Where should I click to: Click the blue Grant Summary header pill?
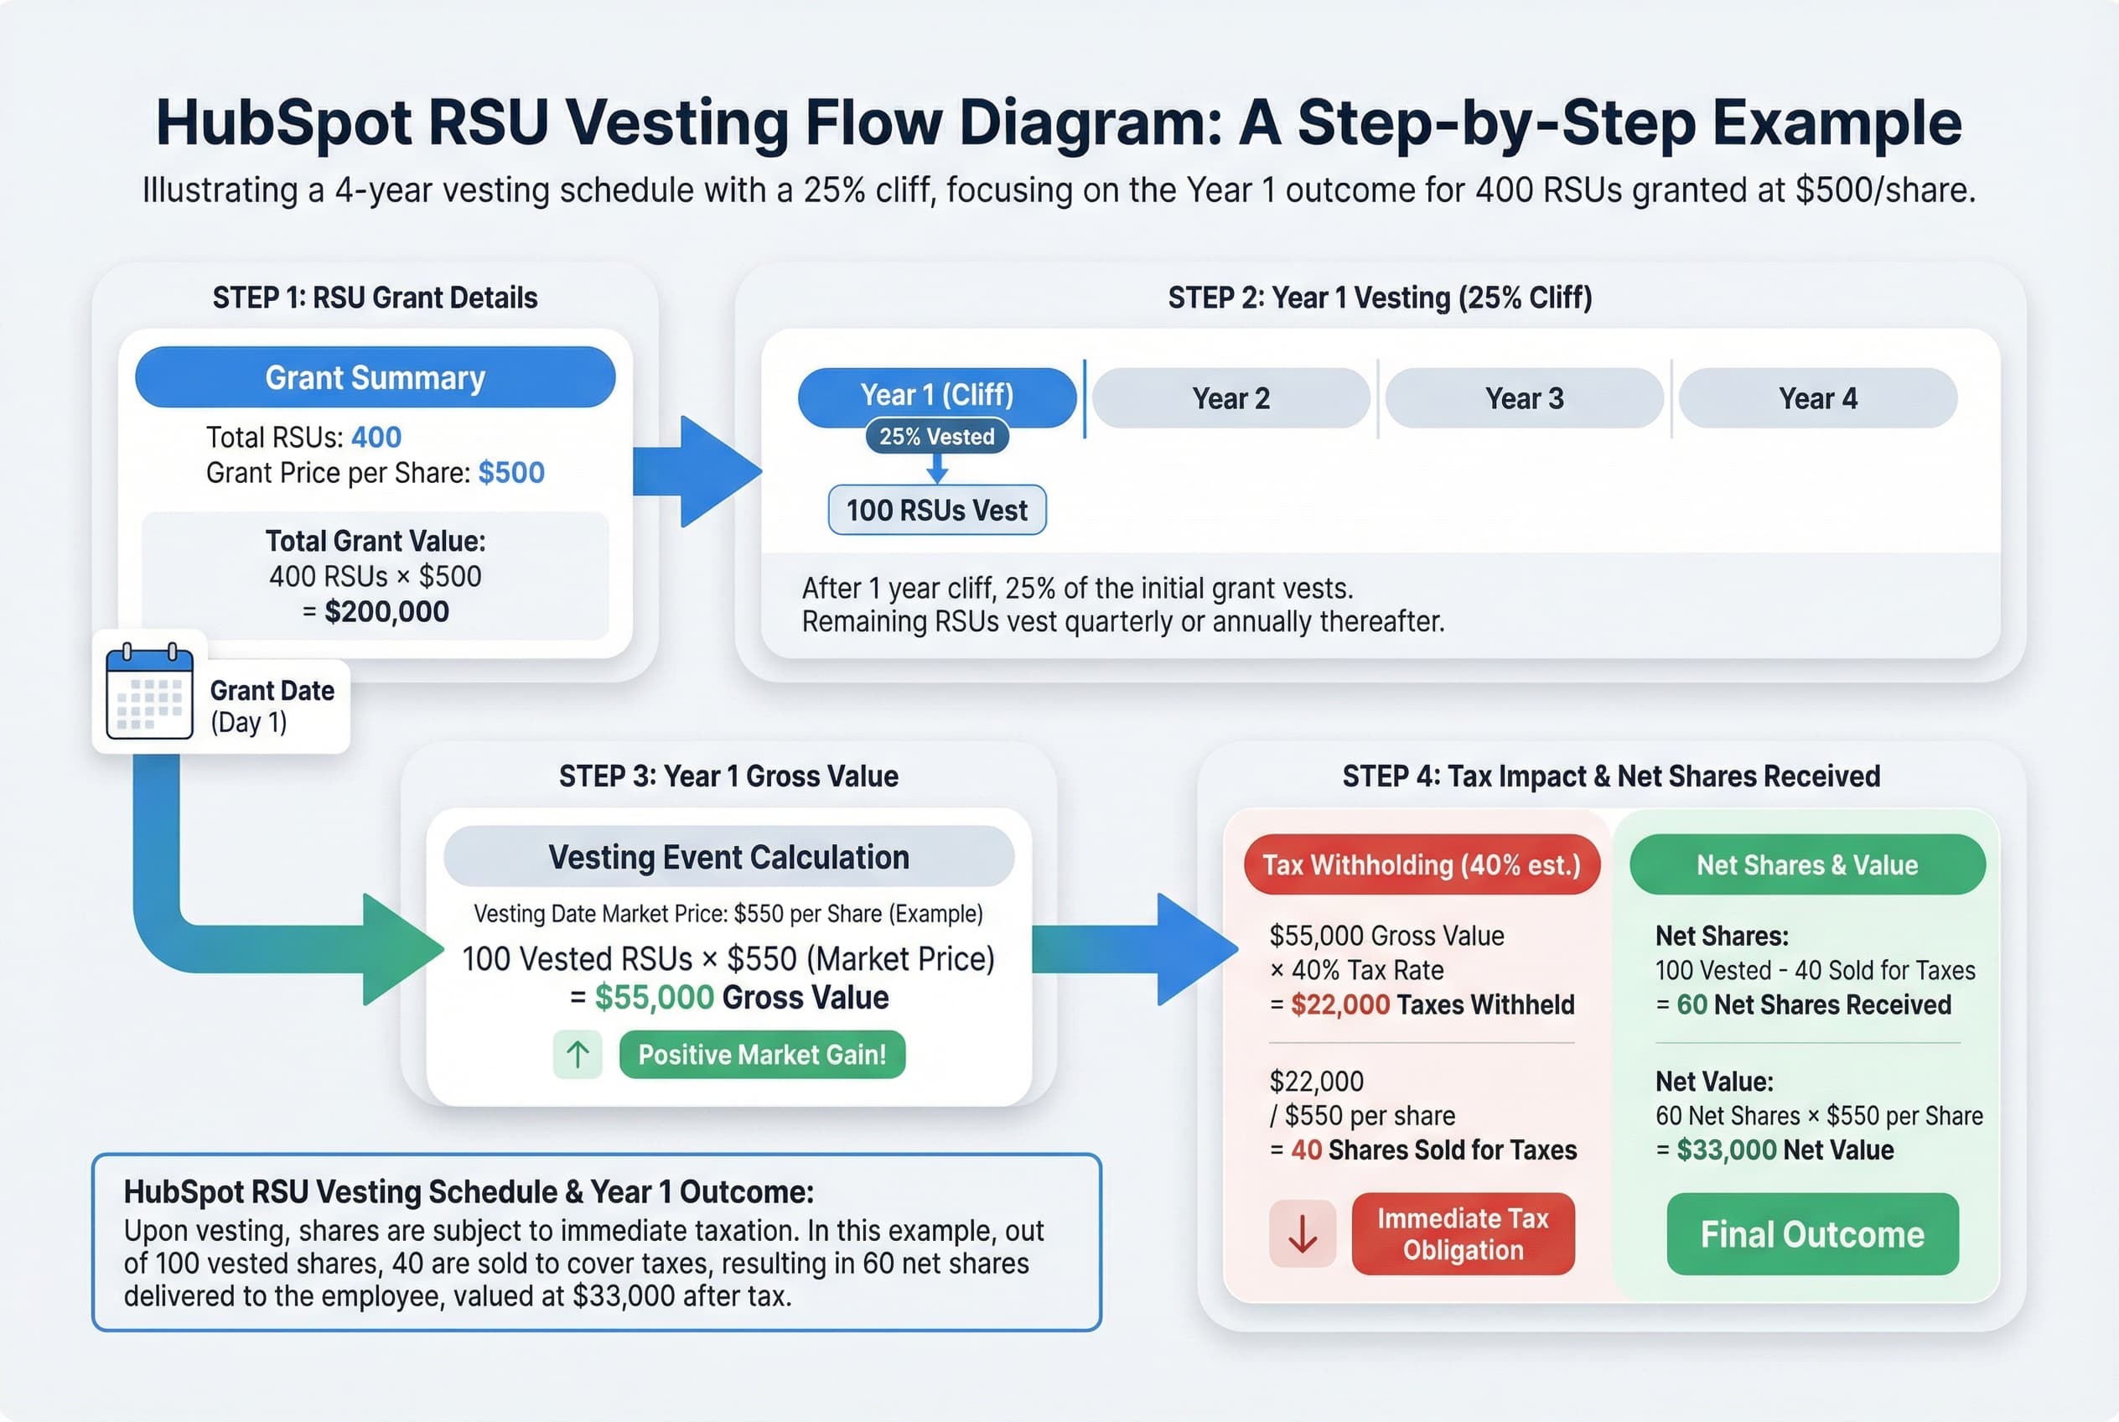click(375, 377)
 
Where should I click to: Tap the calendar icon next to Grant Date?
click(149, 692)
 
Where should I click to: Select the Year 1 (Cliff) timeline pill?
click(936, 396)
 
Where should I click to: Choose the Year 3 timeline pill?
click(1524, 398)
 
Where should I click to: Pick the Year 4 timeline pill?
click(1817, 398)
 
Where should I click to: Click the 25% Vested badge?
click(936, 437)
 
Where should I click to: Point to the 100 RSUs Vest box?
click(936, 511)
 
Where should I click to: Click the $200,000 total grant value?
click(386, 612)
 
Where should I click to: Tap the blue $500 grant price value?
click(511, 473)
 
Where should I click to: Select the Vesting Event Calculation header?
click(728, 857)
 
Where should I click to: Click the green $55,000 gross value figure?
click(654, 998)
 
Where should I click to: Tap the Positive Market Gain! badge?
click(762, 1055)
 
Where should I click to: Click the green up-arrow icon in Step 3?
click(578, 1055)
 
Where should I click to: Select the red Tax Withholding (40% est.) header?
click(1421, 865)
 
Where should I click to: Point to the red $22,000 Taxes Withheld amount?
click(1339, 1004)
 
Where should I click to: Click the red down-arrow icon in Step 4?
click(1302, 1234)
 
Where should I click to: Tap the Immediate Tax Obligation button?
click(1463, 1234)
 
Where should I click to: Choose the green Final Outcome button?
click(1811, 1234)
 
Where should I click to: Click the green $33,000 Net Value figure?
click(1726, 1150)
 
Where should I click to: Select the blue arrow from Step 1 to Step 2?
click(698, 471)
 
